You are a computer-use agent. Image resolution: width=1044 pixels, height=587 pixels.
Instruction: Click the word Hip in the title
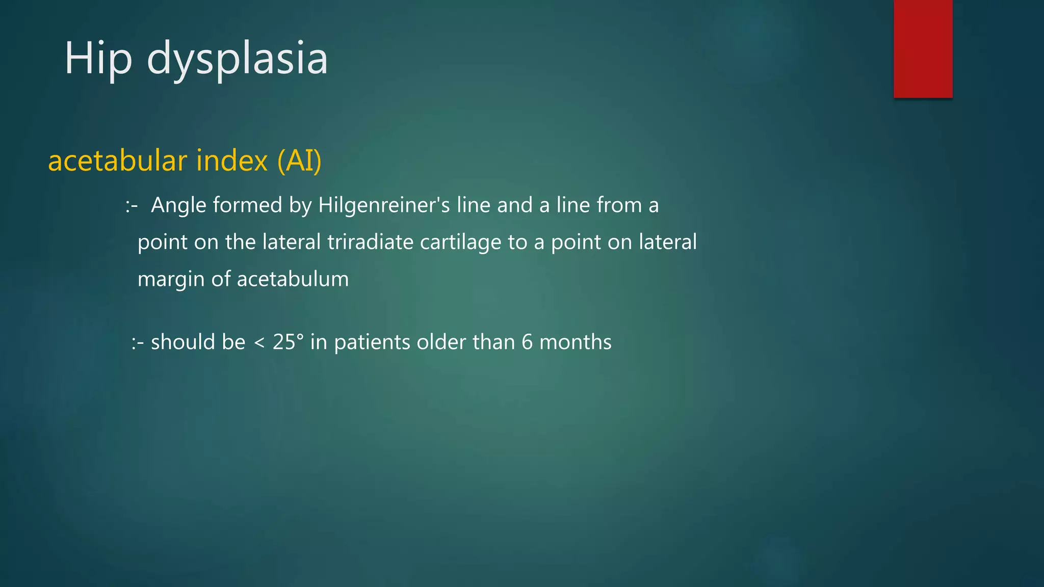[x=98, y=59]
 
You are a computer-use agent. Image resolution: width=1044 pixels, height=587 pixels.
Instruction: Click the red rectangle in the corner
[x=923, y=48]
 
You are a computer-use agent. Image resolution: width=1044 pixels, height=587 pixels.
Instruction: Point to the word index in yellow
[x=232, y=161]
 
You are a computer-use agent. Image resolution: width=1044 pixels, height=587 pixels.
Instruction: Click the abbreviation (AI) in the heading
[x=299, y=161]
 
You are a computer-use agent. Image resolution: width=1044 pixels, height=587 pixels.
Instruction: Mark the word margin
[x=171, y=280]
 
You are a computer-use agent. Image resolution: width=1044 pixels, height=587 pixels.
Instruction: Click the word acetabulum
[x=293, y=279]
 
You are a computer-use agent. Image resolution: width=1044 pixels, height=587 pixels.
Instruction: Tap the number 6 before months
[x=527, y=342]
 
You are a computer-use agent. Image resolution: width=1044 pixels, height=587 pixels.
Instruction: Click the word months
[x=576, y=342]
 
